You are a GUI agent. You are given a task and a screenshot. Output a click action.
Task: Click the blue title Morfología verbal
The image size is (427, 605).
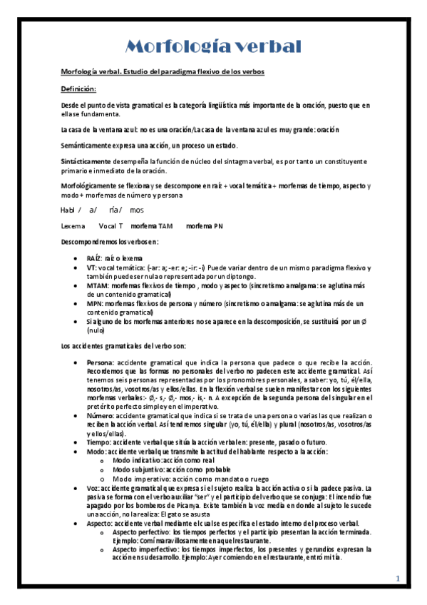pos(213,47)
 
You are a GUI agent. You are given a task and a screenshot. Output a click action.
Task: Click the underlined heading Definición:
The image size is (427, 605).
pos(78,88)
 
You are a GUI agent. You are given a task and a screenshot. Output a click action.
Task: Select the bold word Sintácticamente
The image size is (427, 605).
pos(85,161)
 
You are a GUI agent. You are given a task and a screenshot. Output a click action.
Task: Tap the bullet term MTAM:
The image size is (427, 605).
pos(97,285)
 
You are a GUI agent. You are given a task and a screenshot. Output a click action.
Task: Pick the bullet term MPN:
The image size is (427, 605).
pos(96,303)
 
